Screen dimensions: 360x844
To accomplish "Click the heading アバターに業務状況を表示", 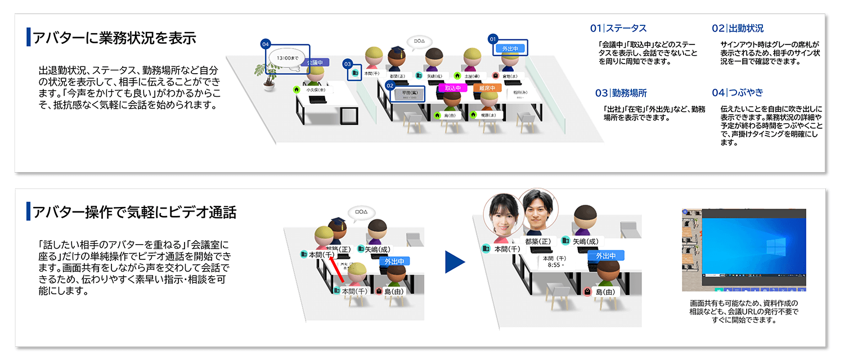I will (114, 38).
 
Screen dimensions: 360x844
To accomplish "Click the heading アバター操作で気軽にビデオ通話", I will (134, 212).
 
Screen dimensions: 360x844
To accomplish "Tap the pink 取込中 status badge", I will (453, 88).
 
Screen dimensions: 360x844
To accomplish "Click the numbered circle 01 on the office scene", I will (493, 39).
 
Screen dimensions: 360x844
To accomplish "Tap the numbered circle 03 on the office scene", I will (347, 64).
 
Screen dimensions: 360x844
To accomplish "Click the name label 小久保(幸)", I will (316, 89).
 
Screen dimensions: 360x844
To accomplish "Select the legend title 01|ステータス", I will (618, 28).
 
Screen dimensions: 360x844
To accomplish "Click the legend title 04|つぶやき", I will (737, 92).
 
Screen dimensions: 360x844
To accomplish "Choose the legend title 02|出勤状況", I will (738, 28).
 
